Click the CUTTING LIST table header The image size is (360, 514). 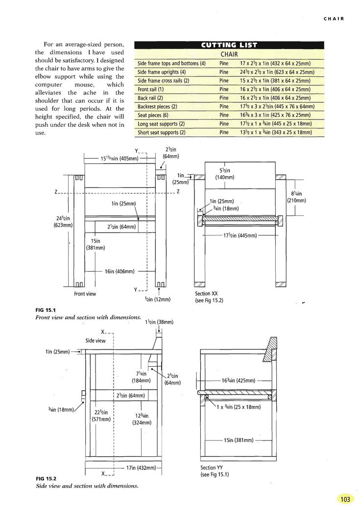[x=229, y=45]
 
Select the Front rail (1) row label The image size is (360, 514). [x=150, y=89]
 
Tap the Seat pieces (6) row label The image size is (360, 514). [x=153, y=115]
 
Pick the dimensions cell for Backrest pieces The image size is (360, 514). [x=277, y=107]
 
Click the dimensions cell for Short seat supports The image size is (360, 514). [x=276, y=133]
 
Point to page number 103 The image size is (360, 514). [x=345, y=499]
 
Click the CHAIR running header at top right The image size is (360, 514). [x=334, y=19]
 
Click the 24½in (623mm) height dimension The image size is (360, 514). [x=63, y=222]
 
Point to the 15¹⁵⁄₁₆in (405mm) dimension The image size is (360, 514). [x=120, y=158]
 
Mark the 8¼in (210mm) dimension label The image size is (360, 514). [x=296, y=197]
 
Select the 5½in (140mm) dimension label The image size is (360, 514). [x=225, y=174]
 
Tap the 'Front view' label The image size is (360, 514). [x=85, y=294]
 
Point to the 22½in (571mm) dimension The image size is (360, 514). [x=101, y=415]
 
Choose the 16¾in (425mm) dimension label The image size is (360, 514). [x=239, y=380]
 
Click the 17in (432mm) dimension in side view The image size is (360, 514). [x=141, y=468]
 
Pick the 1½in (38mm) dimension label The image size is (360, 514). [x=159, y=322]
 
